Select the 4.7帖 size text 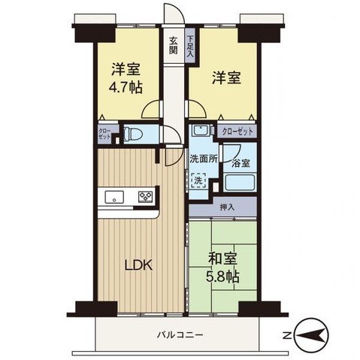pos(127,86)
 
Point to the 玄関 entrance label pos(174,46)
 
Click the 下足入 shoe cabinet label pos(190,47)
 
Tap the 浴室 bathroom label pos(240,162)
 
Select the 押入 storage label pos(226,206)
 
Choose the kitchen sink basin pos(113,198)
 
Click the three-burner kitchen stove pos(144,198)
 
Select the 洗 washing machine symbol pos(198,180)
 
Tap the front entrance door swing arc pos(173,17)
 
